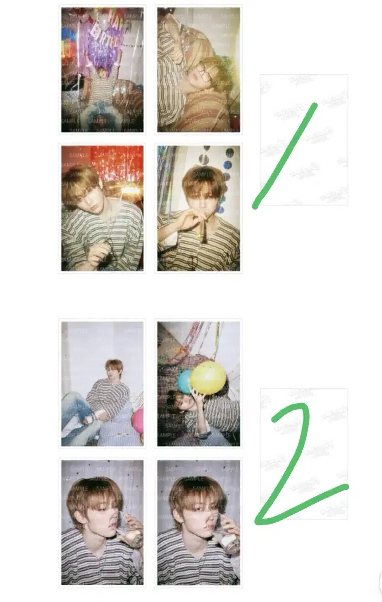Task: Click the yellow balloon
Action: click(x=208, y=377)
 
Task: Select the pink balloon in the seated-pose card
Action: click(x=138, y=420)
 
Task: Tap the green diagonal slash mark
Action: click(x=285, y=156)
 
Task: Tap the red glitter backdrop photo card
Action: click(x=102, y=208)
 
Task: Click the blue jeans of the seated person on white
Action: click(x=75, y=414)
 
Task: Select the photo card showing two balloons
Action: click(x=199, y=384)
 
